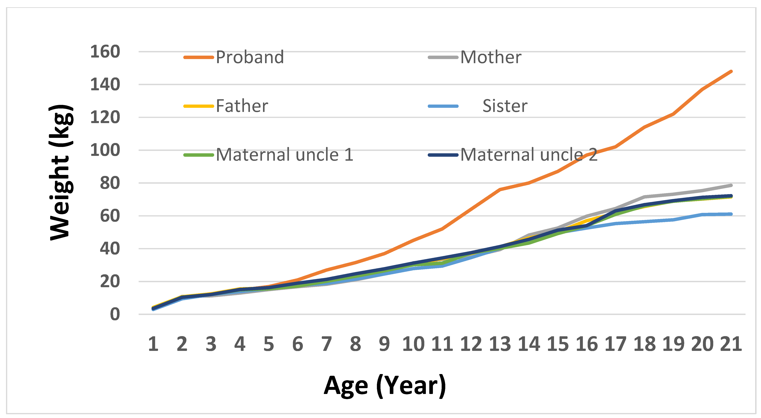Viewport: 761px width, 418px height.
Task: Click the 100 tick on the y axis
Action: click(x=105, y=150)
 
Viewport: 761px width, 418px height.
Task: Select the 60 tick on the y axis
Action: click(x=110, y=216)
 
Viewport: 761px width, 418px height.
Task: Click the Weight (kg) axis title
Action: click(x=61, y=173)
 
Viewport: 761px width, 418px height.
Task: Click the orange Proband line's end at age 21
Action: click(x=731, y=71)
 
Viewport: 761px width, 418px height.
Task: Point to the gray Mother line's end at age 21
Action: click(x=731, y=185)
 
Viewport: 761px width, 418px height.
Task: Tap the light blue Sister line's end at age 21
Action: click(x=731, y=214)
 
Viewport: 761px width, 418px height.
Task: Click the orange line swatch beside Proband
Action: click(x=199, y=57)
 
